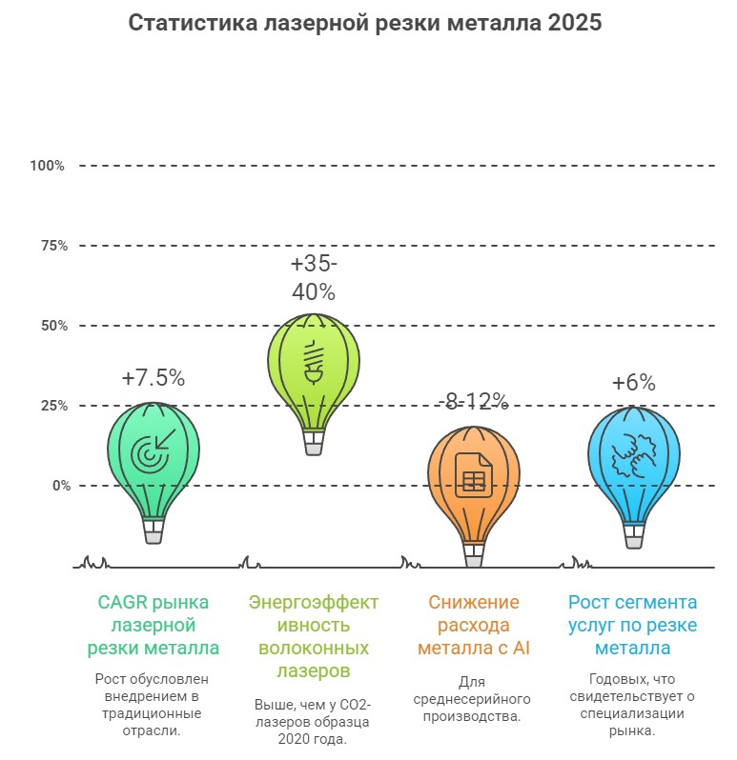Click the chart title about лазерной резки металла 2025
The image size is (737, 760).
[x=365, y=24]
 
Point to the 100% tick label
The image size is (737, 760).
[x=47, y=166]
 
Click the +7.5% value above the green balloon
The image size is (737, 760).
[x=154, y=377]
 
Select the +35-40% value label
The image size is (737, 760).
[x=314, y=276]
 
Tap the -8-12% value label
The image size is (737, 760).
[x=473, y=401]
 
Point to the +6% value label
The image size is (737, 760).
[x=634, y=383]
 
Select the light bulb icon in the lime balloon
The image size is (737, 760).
[x=314, y=361]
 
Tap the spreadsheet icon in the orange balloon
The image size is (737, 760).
[x=474, y=473]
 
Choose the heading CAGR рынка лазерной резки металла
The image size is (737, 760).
[x=154, y=625]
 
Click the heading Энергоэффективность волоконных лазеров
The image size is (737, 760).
[x=314, y=636]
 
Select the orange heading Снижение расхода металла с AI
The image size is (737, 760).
[x=474, y=625]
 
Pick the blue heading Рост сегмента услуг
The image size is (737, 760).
[x=633, y=625]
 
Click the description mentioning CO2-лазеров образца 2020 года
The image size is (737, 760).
[x=314, y=721]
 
